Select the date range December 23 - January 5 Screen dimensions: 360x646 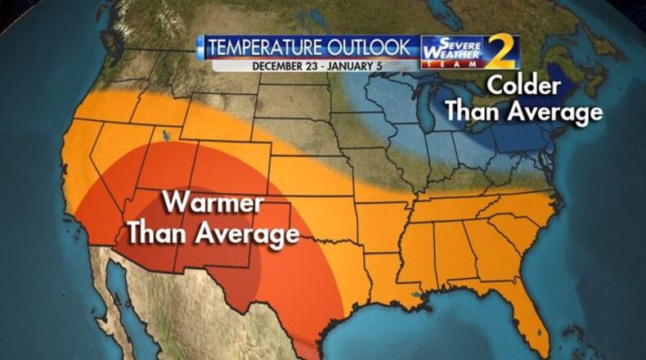coord(308,65)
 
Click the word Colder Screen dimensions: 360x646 coord(523,86)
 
